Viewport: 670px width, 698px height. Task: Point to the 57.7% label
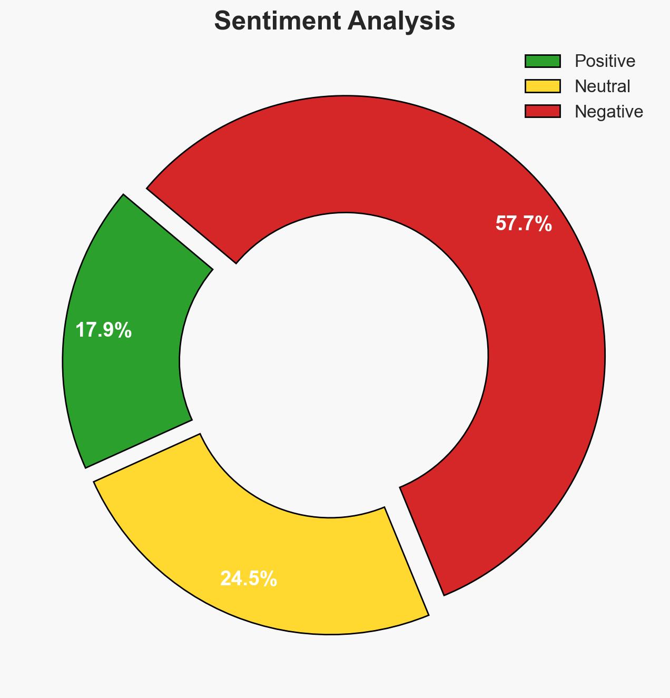click(x=524, y=224)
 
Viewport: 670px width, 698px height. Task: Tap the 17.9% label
click(x=103, y=330)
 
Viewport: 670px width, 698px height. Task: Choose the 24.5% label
click(x=249, y=579)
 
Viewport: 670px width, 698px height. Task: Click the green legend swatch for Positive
click(x=543, y=61)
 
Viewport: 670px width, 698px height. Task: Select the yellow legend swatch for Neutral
click(x=543, y=86)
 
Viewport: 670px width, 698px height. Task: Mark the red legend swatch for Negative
click(x=543, y=111)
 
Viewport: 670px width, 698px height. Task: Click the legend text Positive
click(x=605, y=61)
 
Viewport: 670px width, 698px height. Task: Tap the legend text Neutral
click(x=602, y=86)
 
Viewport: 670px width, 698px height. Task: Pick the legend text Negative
click(x=608, y=111)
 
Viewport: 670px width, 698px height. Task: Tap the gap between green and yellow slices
click(x=142, y=450)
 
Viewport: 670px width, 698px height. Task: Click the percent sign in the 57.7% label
click(x=544, y=224)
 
